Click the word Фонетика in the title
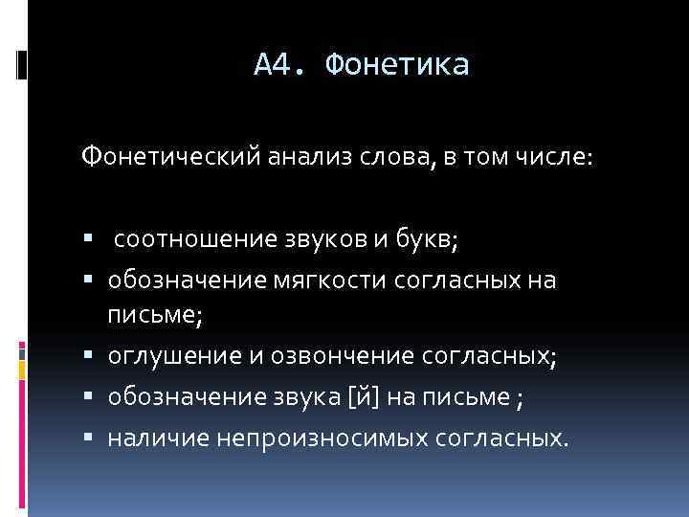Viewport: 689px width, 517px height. click(x=397, y=65)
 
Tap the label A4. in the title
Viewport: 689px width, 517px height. click(x=280, y=65)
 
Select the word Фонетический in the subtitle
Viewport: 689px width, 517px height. click(x=169, y=155)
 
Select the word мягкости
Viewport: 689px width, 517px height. click(x=303, y=281)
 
